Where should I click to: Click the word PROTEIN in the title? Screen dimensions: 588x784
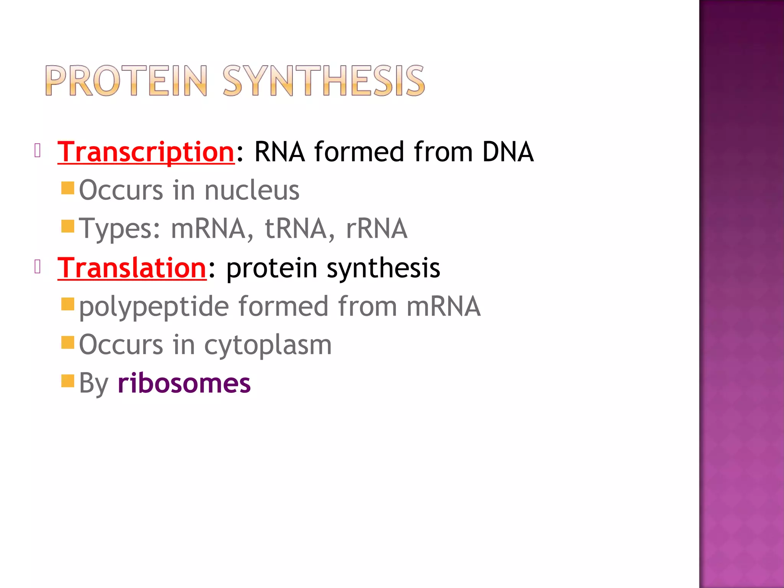[x=126, y=81]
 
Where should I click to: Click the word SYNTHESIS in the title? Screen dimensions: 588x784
[x=323, y=81]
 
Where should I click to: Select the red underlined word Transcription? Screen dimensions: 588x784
[x=146, y=152]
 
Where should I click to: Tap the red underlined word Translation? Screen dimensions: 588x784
[x=132, y=268]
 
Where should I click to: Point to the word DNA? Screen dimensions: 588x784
[x=508, y=152]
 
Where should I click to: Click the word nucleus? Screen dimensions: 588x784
[x=252, y=190]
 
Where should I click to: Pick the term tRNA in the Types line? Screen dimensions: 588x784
[x=296, y=229]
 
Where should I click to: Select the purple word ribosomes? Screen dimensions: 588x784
[x=184, y=383]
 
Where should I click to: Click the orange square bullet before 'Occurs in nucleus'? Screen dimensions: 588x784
[x=68, y=188]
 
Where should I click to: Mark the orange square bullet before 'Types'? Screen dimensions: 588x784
[x=68, y=226]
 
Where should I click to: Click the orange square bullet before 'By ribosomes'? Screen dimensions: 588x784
[x=68, y=381]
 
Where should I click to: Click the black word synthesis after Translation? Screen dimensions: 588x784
[x=383, y=268]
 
